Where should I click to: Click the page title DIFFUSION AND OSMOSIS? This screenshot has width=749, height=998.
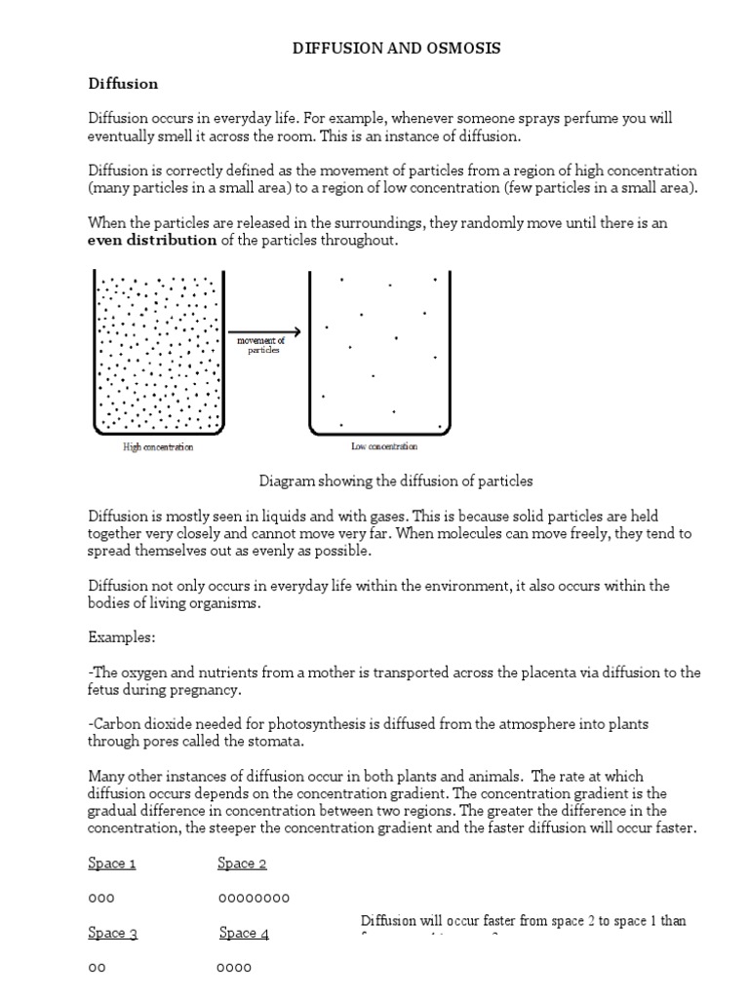(396, 49)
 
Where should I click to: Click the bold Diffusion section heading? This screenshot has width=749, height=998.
(123, 84)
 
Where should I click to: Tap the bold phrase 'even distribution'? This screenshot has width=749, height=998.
(152, 241)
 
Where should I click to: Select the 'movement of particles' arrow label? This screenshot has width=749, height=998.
(262, 345)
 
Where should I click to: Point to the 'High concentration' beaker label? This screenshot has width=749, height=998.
(158, 447)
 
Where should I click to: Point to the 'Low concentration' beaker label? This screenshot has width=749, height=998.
(384, 446)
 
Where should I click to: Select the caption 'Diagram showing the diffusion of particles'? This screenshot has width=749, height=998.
(396, 481)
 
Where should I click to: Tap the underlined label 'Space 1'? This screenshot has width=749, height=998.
(112, 864)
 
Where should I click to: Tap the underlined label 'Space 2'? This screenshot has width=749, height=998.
(242, 864)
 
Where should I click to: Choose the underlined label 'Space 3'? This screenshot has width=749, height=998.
(112, 934)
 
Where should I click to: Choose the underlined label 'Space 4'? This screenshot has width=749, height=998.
(244, 934)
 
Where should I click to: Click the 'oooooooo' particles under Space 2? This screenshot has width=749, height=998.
(253, 898)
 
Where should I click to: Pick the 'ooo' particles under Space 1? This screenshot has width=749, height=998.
(101, 898)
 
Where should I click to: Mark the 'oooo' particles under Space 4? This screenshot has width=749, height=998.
(234, 968)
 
